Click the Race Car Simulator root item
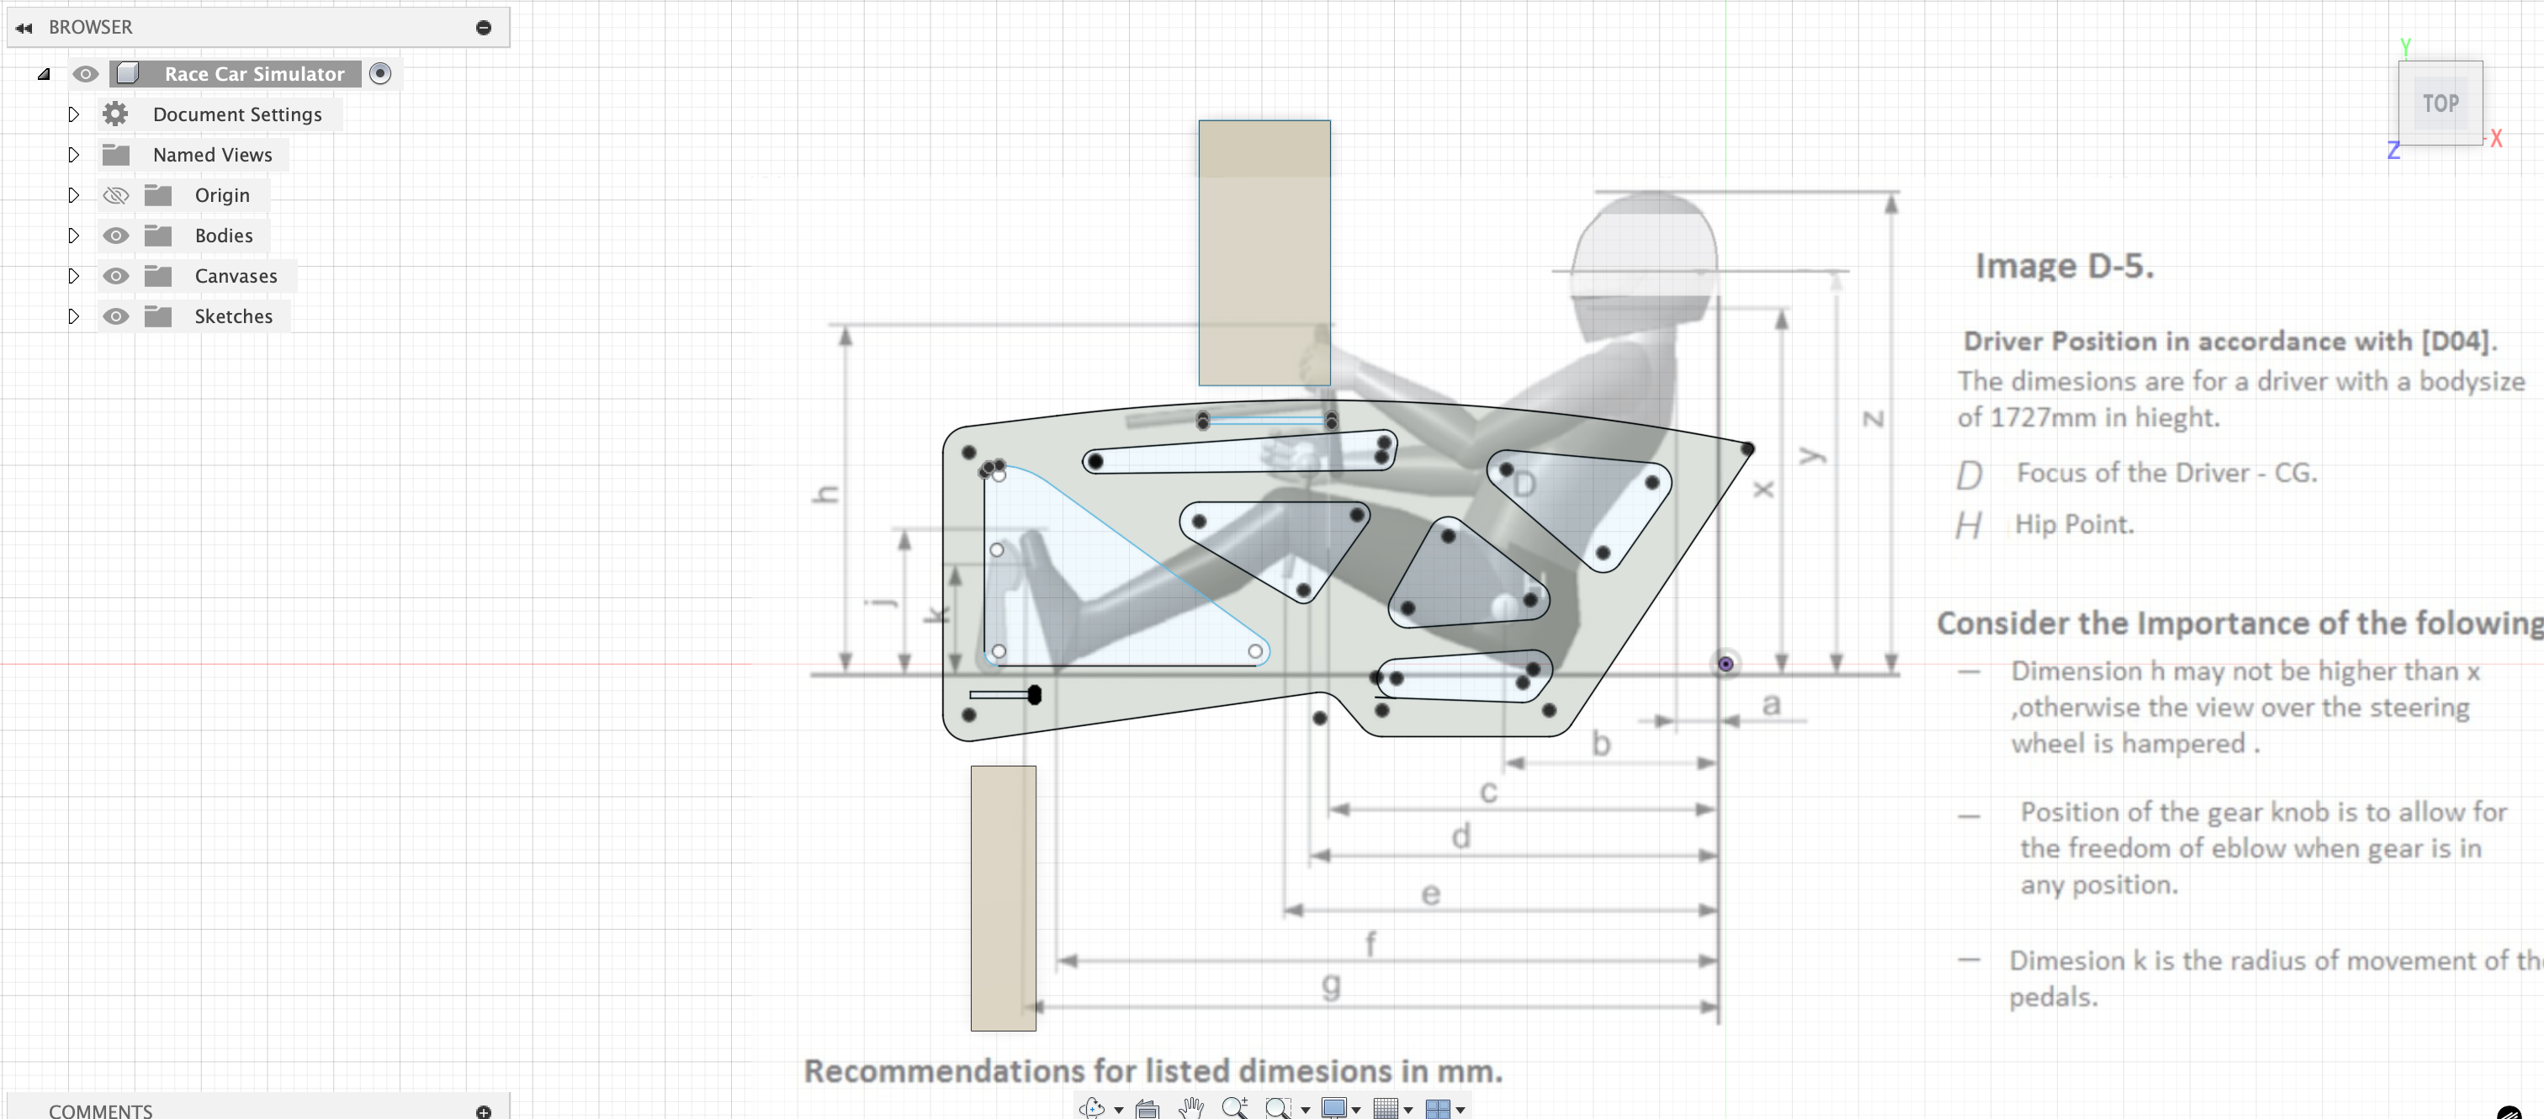pyautogui.click(x=254, y=74)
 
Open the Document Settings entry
pyautogui.click(x=237, y=114)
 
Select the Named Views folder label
pyautogui.click(x=212, y=155)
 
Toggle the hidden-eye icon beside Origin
pyautogui.click(x=115, y=195)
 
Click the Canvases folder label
pyautogui.click(x=235, y=277)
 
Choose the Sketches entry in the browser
pyautogui.click(x=233, y=317)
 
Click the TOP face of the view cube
pyautogui.click(x=2440, y=103)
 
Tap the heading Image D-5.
pyautogui.click(x=2063, y=267)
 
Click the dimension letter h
pyautogui.click(x=825, y=495)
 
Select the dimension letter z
pyautogui.click(x=1874, y=420)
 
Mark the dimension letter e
pyautogui.click(x=1430, y=894)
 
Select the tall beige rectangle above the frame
pyautogui.click(x=1264, y=253)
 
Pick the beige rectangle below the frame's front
pyautogui.click(x=1003, y=898)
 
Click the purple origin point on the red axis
pyautogui.click(x=1725, y=665)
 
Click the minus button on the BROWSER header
pyautogui.click(x=483, y=28)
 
